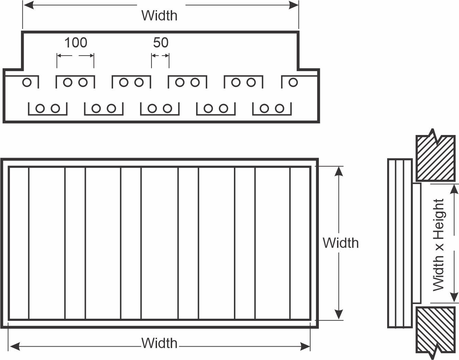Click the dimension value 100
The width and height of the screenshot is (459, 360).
[x=76, y=43]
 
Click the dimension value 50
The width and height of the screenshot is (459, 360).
[x=161, y=43]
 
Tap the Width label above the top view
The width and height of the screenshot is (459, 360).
[x=159, y=15]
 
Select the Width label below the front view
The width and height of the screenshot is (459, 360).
[x=159, y=343]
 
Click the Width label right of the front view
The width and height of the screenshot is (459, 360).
[x=341, y=243]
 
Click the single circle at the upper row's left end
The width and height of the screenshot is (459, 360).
[x=27, y=82]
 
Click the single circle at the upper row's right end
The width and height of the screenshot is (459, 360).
[x=293, y=82]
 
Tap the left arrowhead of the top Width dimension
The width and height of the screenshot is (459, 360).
[x=29, y=5]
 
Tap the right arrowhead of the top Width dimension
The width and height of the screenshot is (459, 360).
[x=294, y=5]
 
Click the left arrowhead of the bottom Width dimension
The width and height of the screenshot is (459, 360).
[x=15, y=347]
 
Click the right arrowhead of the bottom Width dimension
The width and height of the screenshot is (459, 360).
[x=305, y=347]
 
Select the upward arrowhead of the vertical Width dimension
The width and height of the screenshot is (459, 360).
[x=339, y=171]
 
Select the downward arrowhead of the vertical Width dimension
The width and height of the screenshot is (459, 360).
[x=339, y=314]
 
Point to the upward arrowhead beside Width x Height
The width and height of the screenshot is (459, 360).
[x=454, y=189]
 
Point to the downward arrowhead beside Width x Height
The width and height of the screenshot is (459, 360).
[x=454, y=297]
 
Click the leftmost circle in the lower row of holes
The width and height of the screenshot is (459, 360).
[x=40, y=109]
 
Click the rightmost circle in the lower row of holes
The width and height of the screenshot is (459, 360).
[x=279, y=109]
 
